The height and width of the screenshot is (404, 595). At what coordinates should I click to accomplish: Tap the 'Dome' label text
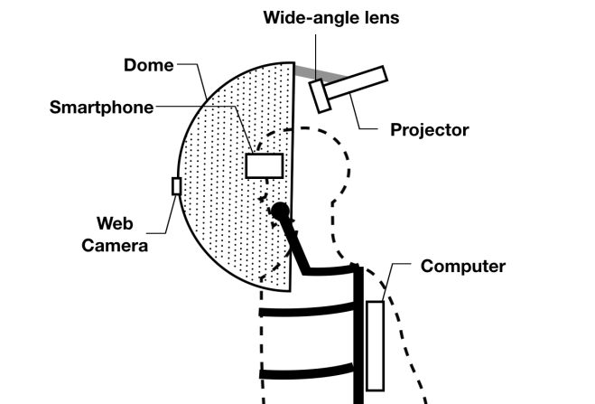[149, 65]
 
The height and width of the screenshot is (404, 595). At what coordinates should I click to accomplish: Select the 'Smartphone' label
[101, 108]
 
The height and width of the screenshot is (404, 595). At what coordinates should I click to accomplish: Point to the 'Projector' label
[429, 129]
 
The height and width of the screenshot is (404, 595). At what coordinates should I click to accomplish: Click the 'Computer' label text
[463, 267]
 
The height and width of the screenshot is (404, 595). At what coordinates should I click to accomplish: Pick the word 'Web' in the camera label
[116, 223]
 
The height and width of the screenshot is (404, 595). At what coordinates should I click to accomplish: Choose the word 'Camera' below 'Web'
[115, 245]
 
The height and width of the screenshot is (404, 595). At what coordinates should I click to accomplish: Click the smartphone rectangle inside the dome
[264, 165]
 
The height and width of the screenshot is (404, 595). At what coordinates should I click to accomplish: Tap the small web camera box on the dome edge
[176, 185]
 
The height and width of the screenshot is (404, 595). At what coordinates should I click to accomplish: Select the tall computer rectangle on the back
[375, 344]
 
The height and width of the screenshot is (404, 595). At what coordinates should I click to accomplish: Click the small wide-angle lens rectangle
[320, 96]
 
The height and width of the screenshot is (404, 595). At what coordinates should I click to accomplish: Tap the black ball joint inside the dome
[280, 211]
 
